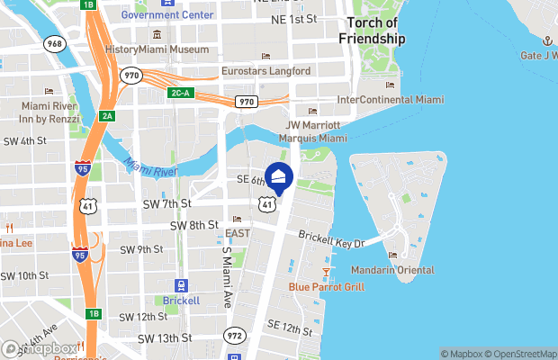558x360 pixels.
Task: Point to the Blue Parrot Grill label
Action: (x=326, y=287)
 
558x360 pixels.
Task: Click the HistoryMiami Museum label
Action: (x=157, y=49)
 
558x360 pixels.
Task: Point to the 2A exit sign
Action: (x=107, y=115)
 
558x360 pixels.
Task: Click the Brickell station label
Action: (x=182, y=301)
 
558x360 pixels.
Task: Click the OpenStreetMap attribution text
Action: (x=517, y=354)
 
